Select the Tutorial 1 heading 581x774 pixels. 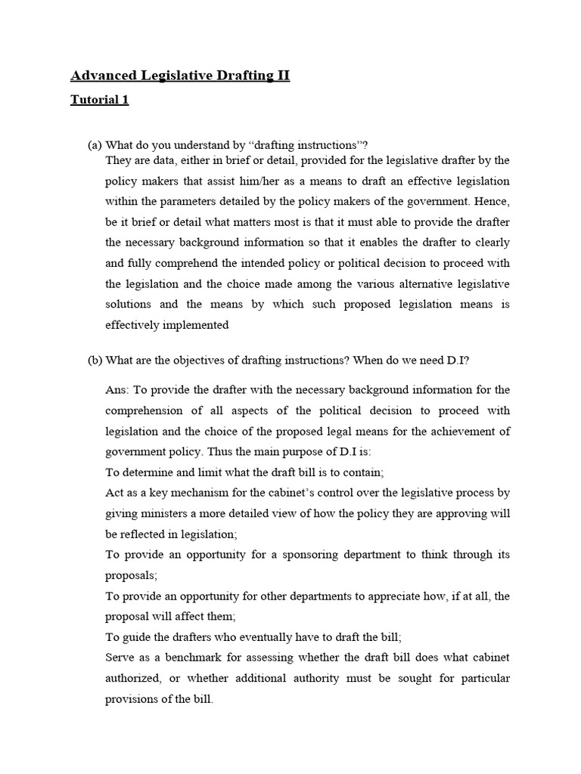click(x=99, y=100)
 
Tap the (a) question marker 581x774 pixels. click(x=95, y=145)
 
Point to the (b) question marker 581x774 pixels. click(x=95, y=361)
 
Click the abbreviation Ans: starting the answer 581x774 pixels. click(x=120, y=390)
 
